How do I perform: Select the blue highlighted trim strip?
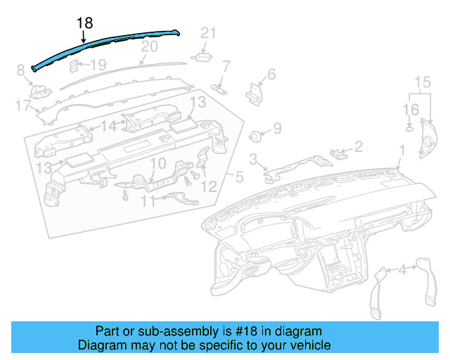coord(105,44)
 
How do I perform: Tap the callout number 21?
coord(208,32)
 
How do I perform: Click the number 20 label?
coord(149,46)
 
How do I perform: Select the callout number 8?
coord(20,69)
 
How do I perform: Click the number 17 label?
coord(22,106)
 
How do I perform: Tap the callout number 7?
coord(226,67)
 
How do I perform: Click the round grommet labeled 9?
coord(257,135)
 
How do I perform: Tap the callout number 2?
coord(358,146)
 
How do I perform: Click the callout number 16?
coord(411,109)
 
